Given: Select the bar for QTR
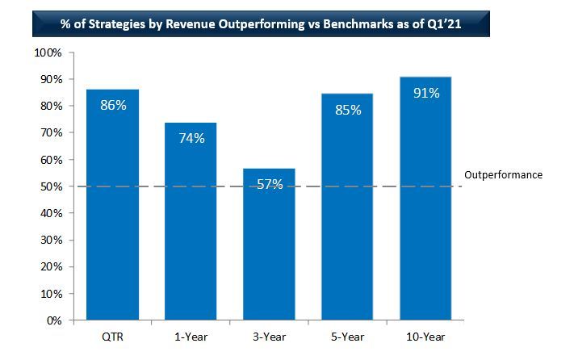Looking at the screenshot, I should pyautogui.click(x=112, y=210).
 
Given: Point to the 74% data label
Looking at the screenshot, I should pyautogui.click(x=191, y=138).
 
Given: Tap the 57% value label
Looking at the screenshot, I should pyautogui.click(x=269, y=185).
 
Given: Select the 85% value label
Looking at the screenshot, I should pyautogui.click(x=347, y=109).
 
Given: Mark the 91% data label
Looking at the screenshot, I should pyautogui.click(x=425, y=93).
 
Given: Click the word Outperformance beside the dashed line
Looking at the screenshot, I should pyautogui.click(x=504, y=174).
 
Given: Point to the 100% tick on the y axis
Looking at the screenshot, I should pyautogui.click(x=48, y=52).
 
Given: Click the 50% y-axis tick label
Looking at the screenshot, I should pyautogui.click(x=51, y=186).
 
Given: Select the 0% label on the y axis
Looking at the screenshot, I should pyautogui.click(x=54, y=320).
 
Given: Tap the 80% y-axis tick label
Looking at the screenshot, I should pyautogui.click(x=51, y=106).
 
